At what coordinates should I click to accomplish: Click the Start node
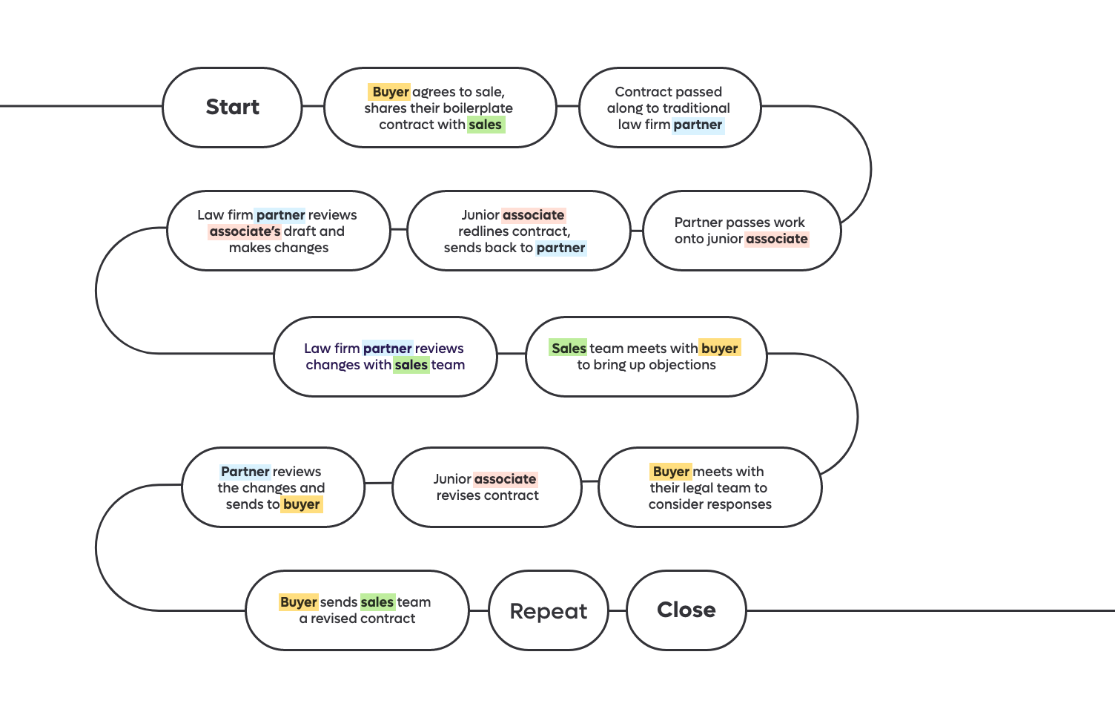click(x=233, y=107)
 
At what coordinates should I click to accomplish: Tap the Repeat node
click(x=549, y=610)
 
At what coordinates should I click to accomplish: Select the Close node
click(x=686, y=610)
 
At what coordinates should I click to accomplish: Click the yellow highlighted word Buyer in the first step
click(x=390, y=92)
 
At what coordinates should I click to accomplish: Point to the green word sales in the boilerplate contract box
click(x=486, y=125)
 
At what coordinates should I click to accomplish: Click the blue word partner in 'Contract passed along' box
click(x=698, y=125)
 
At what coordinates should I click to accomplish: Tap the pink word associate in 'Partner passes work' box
click(x=776, y=239)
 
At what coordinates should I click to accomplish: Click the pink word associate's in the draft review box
click(x=245, y=231)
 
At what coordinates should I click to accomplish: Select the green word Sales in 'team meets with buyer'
click(x=569, y=349)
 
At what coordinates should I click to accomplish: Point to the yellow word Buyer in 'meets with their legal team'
click(x=671, y=472)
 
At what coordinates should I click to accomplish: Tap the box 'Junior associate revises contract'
click(x=487, y=487)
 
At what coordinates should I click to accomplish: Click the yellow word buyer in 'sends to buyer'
click(x=302, y=504)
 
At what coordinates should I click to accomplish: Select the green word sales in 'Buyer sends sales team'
click(x=377, y=602)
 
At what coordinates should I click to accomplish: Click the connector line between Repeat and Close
click(x=618, y=610)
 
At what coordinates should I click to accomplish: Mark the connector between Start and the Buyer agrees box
click(x=313, y=105)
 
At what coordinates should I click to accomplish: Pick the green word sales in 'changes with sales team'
click(x=411, y=365)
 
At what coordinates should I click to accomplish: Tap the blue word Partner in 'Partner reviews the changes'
click(x=245, y=472)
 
